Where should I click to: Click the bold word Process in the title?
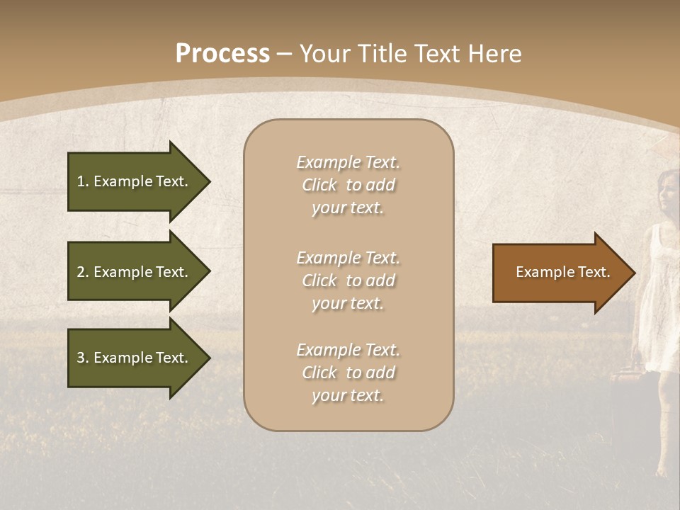(222, 54)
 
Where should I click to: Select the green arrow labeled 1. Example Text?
(135, 181)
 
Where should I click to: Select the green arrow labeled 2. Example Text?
(135, 272)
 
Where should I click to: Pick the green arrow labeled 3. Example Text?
(135, 358)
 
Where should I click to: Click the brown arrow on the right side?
(560, 273)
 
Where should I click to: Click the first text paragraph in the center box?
(348, 185)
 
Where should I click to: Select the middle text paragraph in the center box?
(348, 280)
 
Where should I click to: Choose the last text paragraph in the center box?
(348, 373)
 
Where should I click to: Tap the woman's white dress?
(659, 297)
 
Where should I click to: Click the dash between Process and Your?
(285, 55)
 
